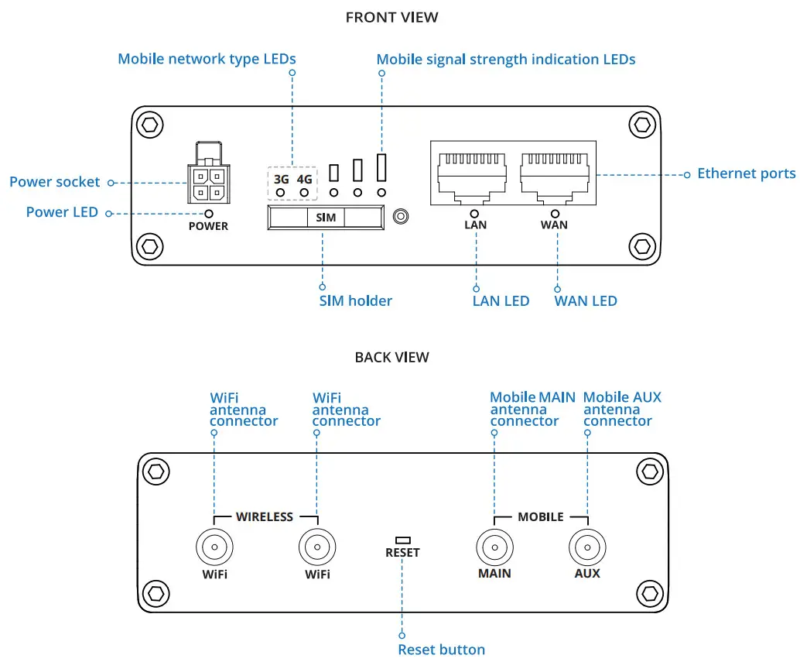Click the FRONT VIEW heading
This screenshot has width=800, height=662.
(x=391, y=17)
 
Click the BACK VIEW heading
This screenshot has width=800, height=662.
(x=391, y=357)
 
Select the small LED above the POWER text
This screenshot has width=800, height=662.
(x=209, y=213)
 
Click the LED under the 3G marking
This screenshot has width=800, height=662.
(x=281, y=192)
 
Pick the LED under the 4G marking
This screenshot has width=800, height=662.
(x=305, y=192)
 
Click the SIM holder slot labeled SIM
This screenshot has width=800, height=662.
(x=326, y=218)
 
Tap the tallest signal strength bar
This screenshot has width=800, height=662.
(x=381, y=166)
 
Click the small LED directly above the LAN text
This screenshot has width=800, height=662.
(x=474, y=213)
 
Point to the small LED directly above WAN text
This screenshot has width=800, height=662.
(x=555, y=213)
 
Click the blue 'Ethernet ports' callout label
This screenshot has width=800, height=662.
(x=746, y=173)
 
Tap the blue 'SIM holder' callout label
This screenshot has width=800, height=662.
(x=355, y=300)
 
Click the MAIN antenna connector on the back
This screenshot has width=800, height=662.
(x=494, y=548)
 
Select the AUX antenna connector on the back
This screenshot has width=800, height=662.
(x=587, y=548)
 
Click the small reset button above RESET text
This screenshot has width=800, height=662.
(x=402, y=540)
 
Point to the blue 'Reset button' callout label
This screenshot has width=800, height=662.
(x=441, y=650)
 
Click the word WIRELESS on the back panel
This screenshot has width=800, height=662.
(x=265, y=516)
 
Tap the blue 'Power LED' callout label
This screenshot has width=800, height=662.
(x=62, y=212)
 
